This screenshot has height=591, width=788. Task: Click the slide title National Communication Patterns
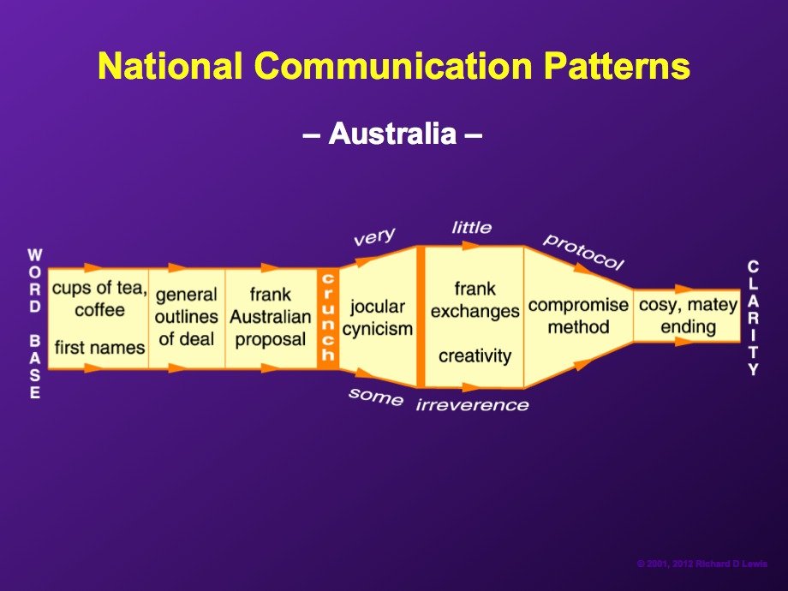[394, 65]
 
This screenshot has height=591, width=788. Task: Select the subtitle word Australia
[392, 134]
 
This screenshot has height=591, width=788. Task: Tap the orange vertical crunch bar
[328, 318]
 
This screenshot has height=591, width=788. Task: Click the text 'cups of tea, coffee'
[99, 299]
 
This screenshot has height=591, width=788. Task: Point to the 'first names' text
[99, 347]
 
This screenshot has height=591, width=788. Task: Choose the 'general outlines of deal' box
[187, 319]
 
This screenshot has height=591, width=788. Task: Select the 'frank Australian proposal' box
[271, 319]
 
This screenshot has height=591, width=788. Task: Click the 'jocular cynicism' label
[378, 318]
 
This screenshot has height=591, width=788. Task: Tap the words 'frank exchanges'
[475, 300]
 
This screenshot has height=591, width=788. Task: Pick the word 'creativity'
[475, 355]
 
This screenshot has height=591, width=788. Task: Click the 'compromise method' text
[578, 316]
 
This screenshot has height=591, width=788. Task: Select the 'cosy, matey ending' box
[687, 316]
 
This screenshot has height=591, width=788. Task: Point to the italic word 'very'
[374, 236]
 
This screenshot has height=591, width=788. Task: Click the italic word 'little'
[472, 228]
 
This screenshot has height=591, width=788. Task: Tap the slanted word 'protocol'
[583, 252]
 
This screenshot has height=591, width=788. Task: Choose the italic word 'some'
[376, 397]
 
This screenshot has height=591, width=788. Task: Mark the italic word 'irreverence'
[473, 405]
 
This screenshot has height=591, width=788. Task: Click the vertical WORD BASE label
[34, 324]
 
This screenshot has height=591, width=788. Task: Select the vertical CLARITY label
[753, 318]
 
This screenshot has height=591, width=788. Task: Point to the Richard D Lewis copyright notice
[702, 564]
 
